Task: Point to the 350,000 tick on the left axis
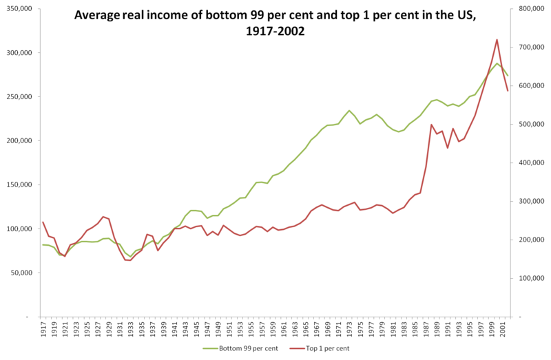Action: tap(19, 9)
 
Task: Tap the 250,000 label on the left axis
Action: tap(19, 97)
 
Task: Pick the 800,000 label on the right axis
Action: tap(528, 9)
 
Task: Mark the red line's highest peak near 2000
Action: tap(497, 40)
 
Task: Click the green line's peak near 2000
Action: tap(497, 63)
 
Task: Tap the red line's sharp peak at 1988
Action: tap(431, 125)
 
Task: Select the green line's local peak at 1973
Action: tap(349, 110)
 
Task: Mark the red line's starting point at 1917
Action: tap(43, 222)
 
